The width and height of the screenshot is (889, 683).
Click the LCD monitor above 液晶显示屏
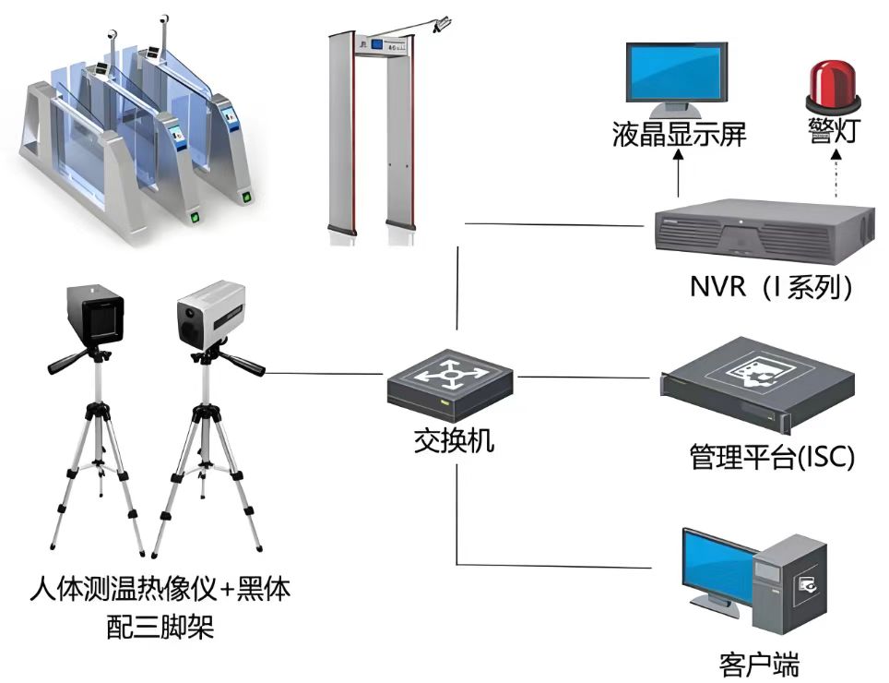point(678,73)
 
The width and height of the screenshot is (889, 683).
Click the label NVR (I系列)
point(771,287)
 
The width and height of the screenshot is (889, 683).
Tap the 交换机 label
point(453,440)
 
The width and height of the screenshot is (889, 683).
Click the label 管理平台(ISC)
point(772,456)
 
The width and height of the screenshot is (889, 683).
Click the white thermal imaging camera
point(211,314)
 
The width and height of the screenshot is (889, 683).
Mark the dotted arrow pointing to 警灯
point(835,175)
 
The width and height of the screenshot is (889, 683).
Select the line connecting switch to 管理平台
point(587,377)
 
